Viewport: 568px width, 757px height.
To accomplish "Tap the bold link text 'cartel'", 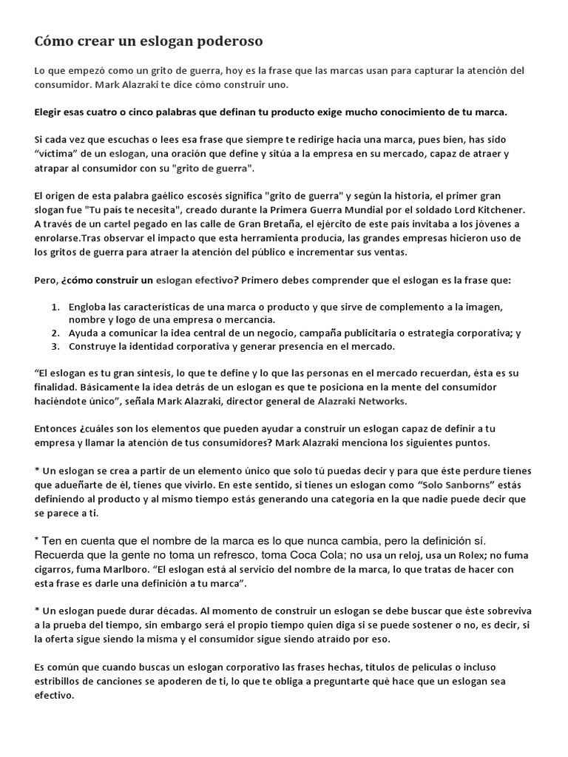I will point(117,223).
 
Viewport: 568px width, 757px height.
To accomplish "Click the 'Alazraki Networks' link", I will point(361,401).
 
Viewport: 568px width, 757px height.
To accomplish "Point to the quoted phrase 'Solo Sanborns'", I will point(455,485).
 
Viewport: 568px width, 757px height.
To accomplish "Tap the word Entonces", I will point(58,429).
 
